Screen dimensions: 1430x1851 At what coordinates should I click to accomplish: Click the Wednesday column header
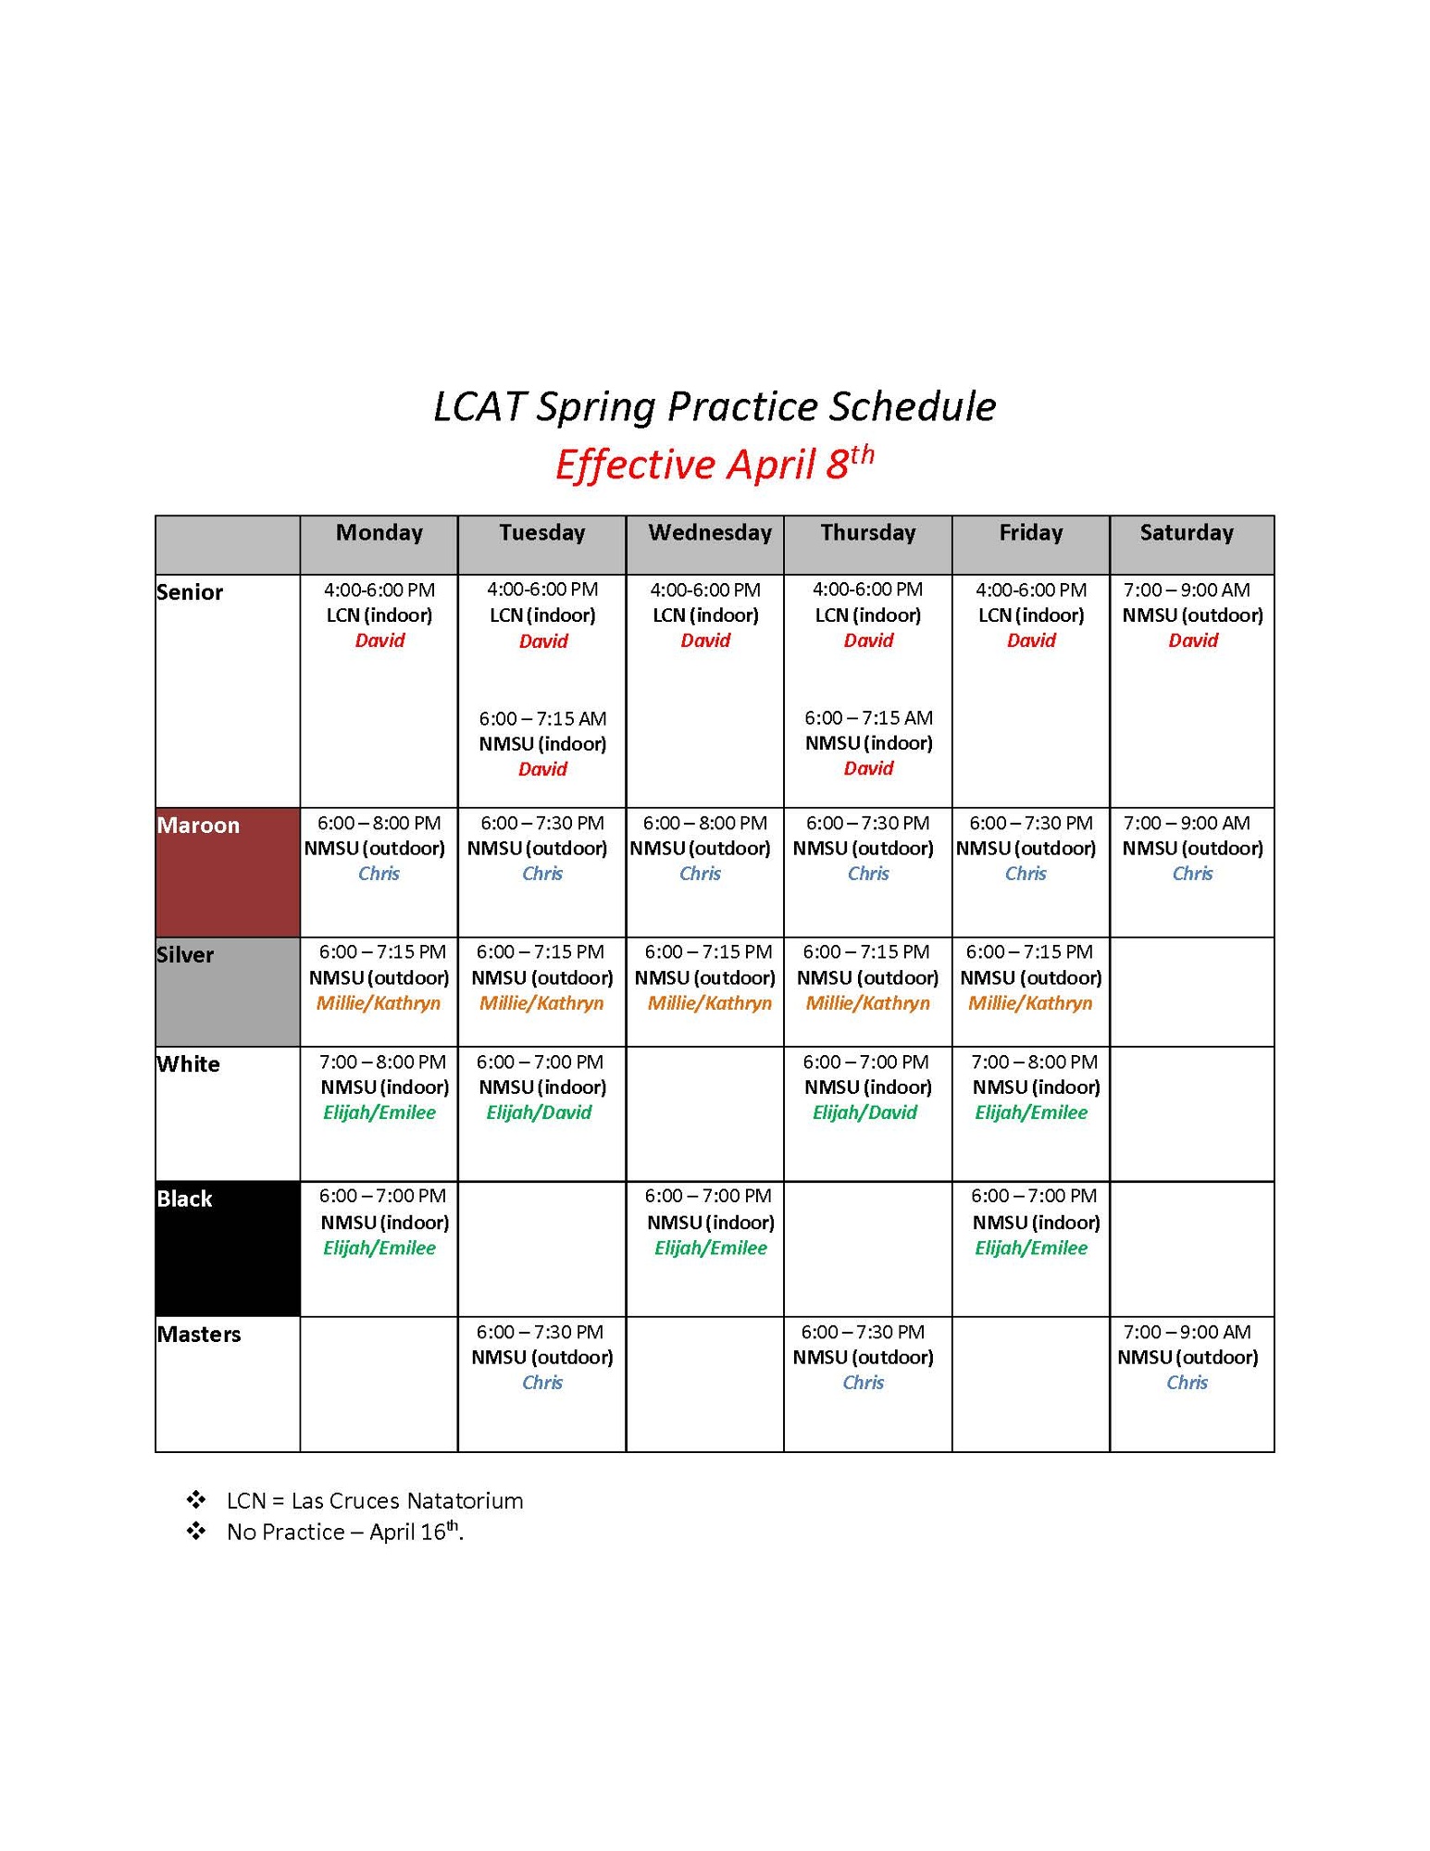click(710, 532)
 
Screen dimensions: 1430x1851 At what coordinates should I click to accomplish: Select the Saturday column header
click(1187, 532)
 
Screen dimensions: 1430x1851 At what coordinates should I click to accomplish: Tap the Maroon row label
click(198, 825)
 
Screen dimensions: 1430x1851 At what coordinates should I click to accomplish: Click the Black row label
click(184, 1199)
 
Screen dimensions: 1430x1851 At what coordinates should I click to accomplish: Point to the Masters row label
click(199, 1334)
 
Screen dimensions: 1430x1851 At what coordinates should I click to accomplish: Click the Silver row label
click(185, 954)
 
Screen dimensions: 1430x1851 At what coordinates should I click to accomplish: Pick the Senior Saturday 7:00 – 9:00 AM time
click(1187, 590)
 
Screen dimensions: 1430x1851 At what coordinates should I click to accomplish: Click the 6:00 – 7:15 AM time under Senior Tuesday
click(542, 718)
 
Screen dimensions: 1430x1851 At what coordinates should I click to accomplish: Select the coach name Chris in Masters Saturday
click(1187, 1383)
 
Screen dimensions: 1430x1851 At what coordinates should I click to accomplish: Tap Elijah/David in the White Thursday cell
click(864, 1112)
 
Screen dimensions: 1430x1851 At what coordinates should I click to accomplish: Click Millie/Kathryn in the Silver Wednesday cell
click(710, 1003)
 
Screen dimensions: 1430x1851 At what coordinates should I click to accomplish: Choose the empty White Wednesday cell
click(705, 1114)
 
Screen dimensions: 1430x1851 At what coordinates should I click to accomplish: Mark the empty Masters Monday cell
click(379, 1385)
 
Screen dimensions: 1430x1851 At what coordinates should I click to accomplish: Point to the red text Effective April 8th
click(715, 463)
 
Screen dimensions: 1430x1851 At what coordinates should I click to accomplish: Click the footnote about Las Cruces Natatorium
click(375, 1500)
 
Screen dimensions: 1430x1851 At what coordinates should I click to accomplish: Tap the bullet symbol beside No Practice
click(196, 1532)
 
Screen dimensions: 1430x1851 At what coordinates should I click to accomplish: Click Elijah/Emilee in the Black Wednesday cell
click(711, 1248)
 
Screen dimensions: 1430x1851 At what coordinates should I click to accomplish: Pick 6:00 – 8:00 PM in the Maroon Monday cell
click(379, 823)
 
